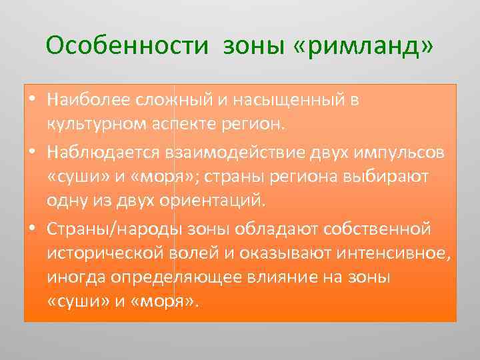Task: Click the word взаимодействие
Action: (212, 151)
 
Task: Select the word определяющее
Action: (174, 277)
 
